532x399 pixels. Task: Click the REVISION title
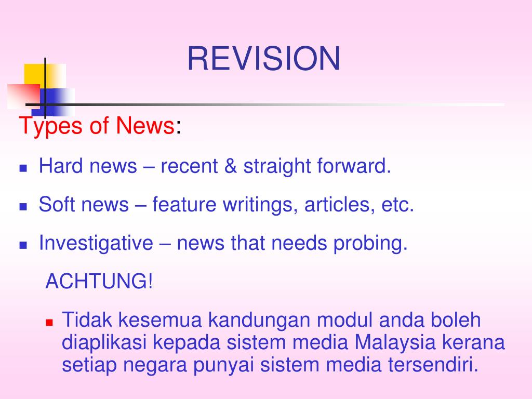pyautogui.click(x=263, y=59)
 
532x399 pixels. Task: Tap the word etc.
pyautogui.click(x=397, y=205)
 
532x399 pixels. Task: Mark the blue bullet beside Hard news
pyautogui.click(x=23, y=168)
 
